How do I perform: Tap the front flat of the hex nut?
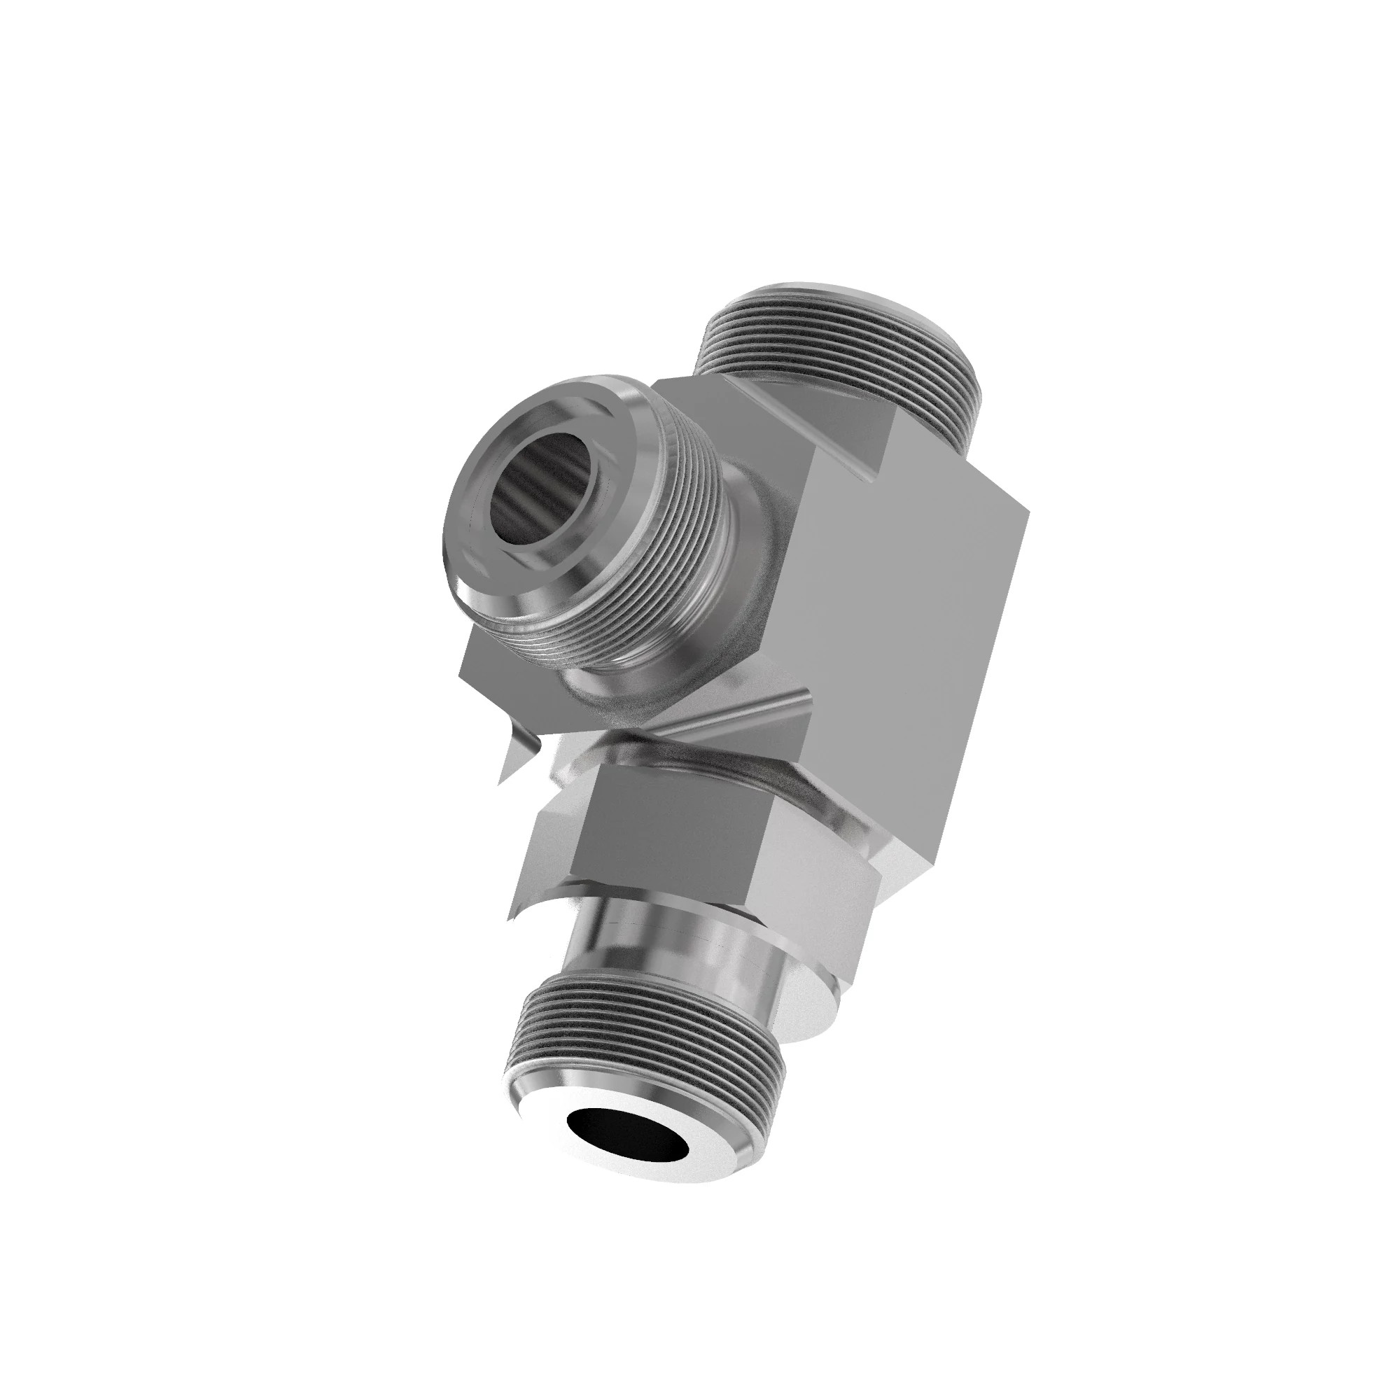point(652,841)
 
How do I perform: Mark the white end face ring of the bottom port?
point(696,1130)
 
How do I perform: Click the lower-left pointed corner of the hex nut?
point(513,918)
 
